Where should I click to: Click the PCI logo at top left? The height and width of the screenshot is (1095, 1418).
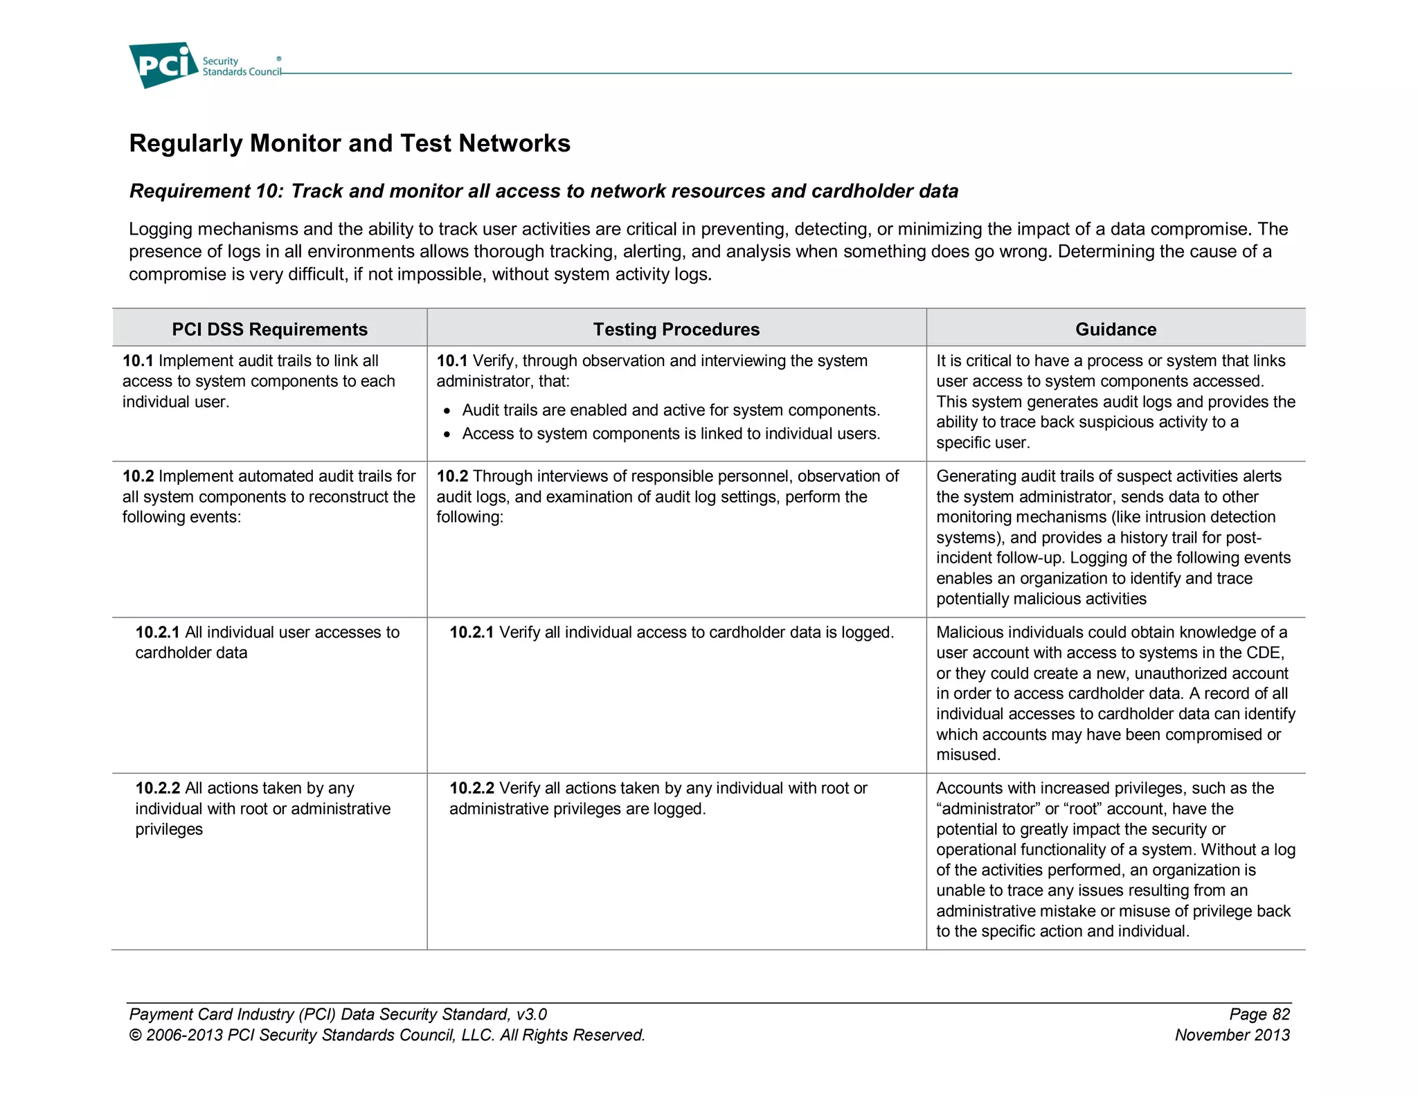coord(163,65)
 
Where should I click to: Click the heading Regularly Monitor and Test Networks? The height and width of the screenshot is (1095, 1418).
coord(350,143)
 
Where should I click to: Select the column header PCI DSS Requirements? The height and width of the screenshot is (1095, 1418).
coord(269,329)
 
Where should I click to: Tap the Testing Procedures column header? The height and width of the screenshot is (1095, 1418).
coord(676,329)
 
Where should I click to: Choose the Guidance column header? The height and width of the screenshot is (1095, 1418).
coord(1115,329)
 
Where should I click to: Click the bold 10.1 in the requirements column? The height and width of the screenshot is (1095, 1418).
coord(137,361)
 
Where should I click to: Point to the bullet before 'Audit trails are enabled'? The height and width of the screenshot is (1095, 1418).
coord(447,411)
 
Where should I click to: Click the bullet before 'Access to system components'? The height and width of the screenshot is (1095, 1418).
coord(447,435)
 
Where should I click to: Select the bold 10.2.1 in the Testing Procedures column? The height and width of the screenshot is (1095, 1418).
coord(471,632)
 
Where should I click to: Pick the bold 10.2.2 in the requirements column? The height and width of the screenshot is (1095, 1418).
coord(157,788)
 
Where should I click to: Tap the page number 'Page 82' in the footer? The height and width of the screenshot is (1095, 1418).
coord(1259,1014)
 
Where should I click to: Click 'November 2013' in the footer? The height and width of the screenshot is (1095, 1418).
coord(1232,1035)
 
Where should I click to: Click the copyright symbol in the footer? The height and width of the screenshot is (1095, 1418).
coord(135,1035)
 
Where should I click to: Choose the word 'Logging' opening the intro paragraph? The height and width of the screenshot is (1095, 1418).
coord(159,229)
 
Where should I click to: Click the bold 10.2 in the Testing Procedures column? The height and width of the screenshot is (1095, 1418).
coord(451,476)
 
